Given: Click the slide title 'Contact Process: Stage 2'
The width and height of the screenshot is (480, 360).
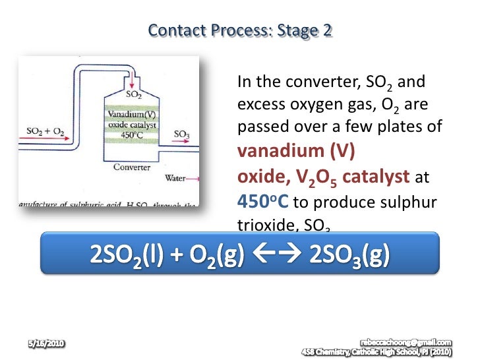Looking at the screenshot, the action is click(x=240, y=30).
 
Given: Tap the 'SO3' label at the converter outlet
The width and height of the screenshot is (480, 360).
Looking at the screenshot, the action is click(x=181, y=134).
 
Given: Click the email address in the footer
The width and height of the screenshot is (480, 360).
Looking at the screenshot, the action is click(x=406, y=342).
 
